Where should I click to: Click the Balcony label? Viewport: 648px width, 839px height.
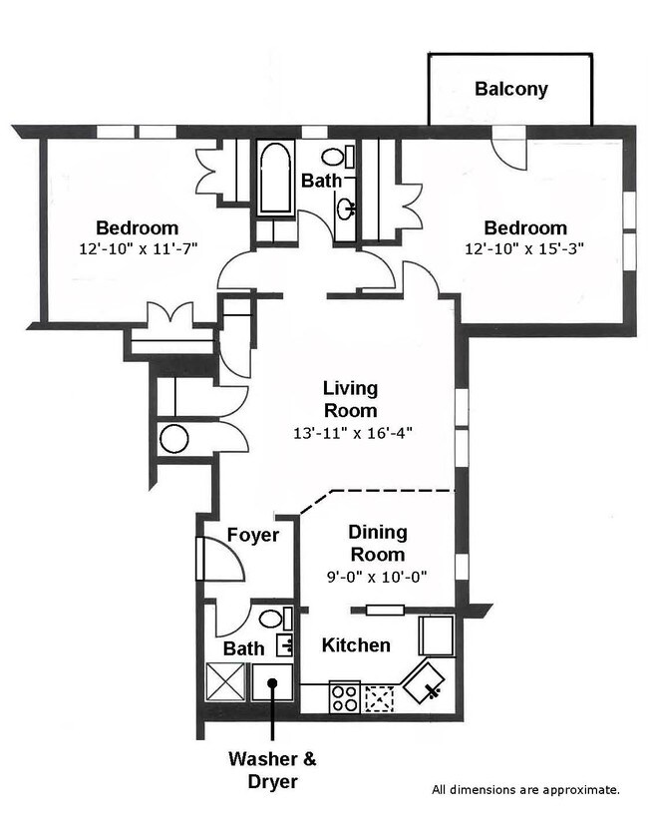(511, 89)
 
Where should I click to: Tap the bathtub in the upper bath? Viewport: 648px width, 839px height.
(276, 178)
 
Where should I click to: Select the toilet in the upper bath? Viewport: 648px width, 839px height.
(338, 157)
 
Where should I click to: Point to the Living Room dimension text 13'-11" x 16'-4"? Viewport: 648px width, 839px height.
(353, 432)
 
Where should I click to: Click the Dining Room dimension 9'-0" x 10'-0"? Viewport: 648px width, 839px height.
(377, 577)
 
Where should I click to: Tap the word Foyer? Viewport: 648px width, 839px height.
(253, 535)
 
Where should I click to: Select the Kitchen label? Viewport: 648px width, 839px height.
(356, 645)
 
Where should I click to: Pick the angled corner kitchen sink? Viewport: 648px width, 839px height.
(424, 682)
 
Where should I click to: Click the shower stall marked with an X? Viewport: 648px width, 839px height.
(225, 681)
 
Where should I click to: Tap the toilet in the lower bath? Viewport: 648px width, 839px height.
(276, 619)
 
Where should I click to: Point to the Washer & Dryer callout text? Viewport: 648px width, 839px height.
(272, 770)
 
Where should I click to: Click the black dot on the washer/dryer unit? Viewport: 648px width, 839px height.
(272, 682)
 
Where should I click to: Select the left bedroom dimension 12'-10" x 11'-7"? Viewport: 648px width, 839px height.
(139, 248)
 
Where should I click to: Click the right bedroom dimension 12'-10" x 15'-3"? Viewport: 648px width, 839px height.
(524, 248)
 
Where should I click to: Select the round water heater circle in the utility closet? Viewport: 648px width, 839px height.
(174, 439)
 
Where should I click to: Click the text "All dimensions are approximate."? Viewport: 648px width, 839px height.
(526, 790)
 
